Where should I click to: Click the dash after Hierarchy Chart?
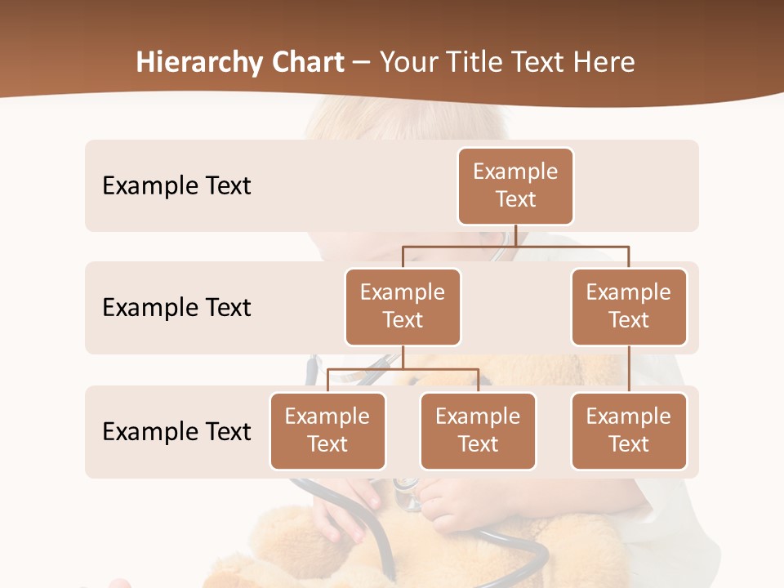tap(362, 64)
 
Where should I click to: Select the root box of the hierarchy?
tap(515, 185)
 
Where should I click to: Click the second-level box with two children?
tap(403, 306)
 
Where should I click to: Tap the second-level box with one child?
tap(629, 306)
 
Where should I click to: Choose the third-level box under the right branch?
tap(629, 430)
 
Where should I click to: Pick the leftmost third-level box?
tap(327, 430)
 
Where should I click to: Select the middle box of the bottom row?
tap(478, 430)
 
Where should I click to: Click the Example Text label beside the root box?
tap(176, 185)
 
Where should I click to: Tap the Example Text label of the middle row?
tap(176, 307)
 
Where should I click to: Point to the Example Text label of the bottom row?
tap(176, 431)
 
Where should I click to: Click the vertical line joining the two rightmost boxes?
tap(629, 369)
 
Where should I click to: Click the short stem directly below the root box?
tap(515, 235)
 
